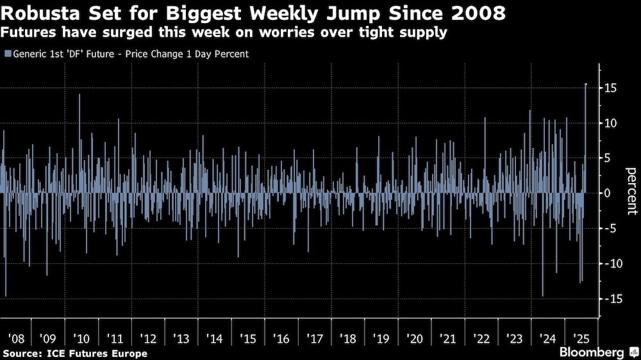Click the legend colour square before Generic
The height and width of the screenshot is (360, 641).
(x=7, y=54)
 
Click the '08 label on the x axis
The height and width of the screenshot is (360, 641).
(x=15, y=338)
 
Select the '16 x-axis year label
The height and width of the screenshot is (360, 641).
(x=281, y=338)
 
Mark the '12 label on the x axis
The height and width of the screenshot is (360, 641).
(x=148, y=338)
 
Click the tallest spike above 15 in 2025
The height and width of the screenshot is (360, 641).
(x=586, y=85)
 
